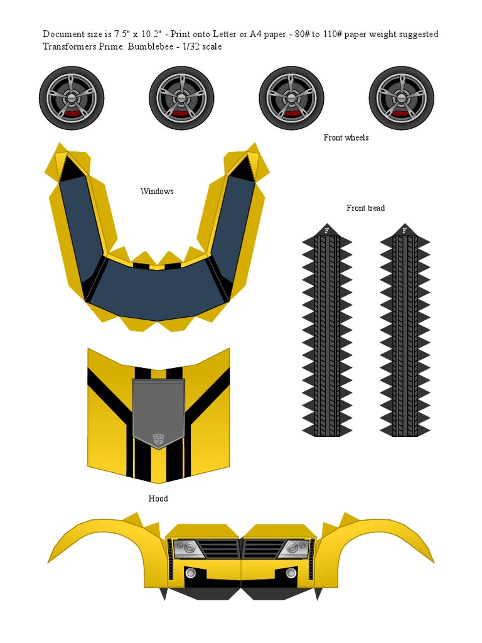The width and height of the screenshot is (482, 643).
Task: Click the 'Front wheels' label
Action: click(x=346, y=138)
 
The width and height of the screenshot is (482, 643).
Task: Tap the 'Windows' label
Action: click(x=156, y=191)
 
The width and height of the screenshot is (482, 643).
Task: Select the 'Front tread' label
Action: click(x=366, y=208)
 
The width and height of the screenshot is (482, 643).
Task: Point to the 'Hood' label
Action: click(x=158, y=499)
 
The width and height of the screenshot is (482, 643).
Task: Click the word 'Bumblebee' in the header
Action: click(x=151, y=46)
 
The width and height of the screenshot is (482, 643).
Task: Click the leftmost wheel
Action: click(x=72, y=99)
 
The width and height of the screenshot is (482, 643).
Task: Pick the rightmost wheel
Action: click(x=401, y=99)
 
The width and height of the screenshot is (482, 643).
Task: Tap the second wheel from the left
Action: click(x=181, y=99)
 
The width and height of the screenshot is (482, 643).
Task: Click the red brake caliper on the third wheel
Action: click(x=291, y=113)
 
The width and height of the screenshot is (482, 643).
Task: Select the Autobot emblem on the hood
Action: click(x=158, y=440)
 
